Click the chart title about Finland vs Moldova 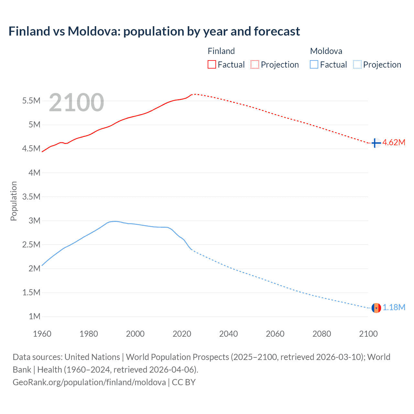pos(154,31)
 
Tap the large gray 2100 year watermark pos(77,103)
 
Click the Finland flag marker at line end pos(376,143)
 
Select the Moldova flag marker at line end pos(376,308)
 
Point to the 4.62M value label pos(394,143)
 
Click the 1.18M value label pos(394,307)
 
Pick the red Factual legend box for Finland pos(212,65)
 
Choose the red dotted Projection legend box pos(255,65)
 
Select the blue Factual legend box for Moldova pos(314,65)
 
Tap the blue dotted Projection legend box pos(357,65)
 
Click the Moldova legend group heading pos(326,51)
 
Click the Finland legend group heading pos(221,51)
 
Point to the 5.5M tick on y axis pos(31,101)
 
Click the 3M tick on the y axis pos(34,221)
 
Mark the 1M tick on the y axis pos(34,316)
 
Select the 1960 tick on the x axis pos(42,334)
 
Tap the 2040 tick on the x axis pos(228,334)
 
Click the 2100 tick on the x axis pos(368,334)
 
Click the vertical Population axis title pos(14,201)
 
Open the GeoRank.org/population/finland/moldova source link pos(89,382)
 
